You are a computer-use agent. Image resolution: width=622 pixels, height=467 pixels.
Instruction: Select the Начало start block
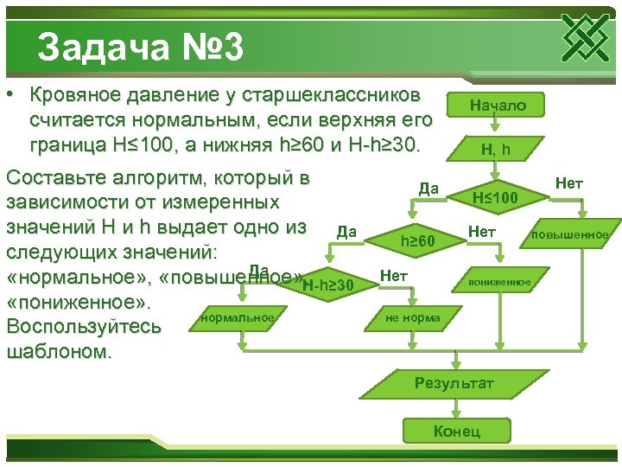(497, 105)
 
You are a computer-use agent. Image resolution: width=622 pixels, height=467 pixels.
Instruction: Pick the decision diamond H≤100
(495, 198)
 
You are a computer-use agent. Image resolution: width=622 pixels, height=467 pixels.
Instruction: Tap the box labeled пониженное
(500, 282)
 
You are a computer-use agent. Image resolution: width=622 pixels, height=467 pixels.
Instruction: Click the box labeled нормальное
(237, 317)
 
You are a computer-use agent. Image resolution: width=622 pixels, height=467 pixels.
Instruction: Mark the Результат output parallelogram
(454, 382)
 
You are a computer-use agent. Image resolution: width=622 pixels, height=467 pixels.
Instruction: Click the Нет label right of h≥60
(480, 231)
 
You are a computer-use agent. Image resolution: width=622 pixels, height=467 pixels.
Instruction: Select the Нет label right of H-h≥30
(393, 275)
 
